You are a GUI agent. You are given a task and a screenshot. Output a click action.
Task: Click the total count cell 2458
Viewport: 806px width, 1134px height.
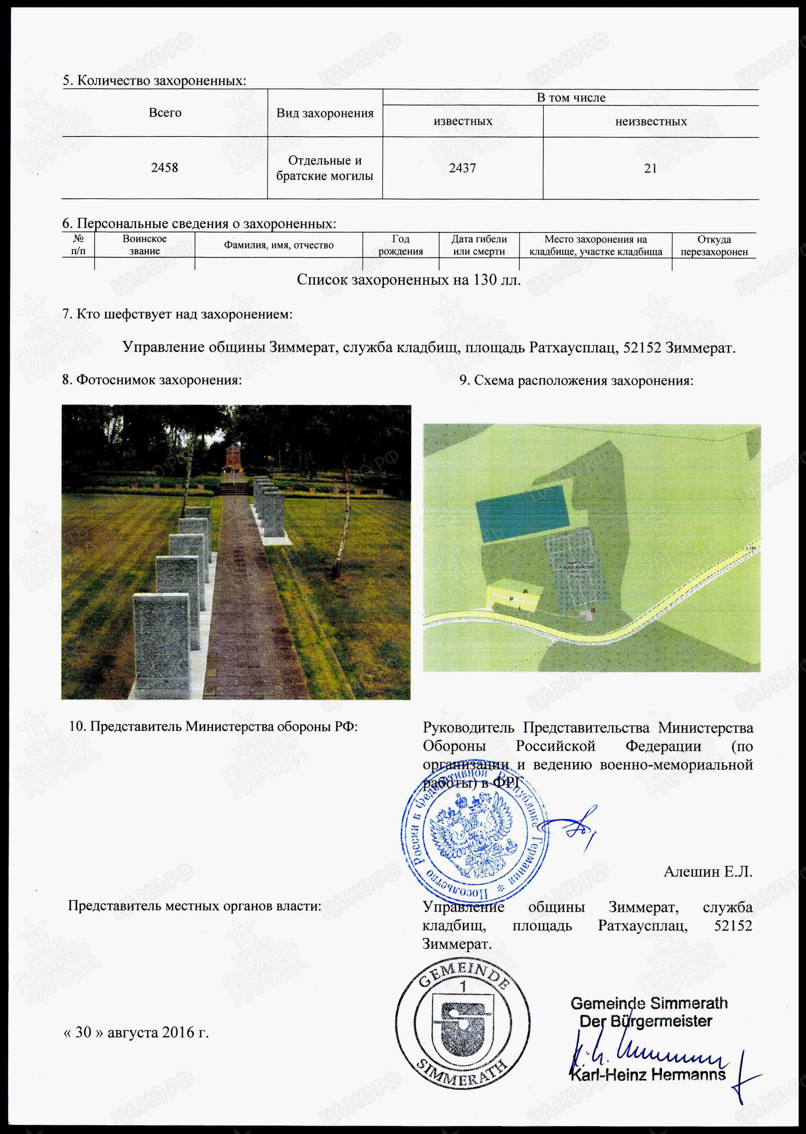[164, 168]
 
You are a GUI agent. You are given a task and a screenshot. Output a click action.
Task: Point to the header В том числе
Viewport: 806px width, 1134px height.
[571, 98]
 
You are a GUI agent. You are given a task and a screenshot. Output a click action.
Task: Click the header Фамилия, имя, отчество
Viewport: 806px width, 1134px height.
[278, 245]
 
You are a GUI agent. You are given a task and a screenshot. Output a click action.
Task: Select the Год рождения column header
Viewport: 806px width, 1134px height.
[401, 245]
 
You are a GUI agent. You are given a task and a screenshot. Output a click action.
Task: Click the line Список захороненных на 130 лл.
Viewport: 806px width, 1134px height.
[409, 280]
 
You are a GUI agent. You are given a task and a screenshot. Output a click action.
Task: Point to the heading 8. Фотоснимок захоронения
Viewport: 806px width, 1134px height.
[152, 380]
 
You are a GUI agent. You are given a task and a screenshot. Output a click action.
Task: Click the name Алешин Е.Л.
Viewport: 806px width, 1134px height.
[708, 872]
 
